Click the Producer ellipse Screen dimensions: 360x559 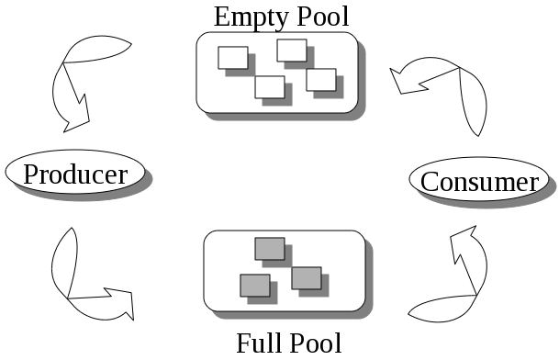tap(75, 173)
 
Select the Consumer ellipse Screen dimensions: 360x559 tap(478, 180)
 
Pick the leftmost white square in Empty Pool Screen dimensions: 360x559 tap(233, 57)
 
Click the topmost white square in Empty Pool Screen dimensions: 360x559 tap(292, 50)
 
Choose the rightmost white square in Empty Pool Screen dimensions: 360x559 tap(321, 79)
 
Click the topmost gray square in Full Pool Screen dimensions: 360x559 tap(270, 249)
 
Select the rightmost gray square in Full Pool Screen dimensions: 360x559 tap(307, 277)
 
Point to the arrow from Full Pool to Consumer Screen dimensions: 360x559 tap(454, 285)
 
